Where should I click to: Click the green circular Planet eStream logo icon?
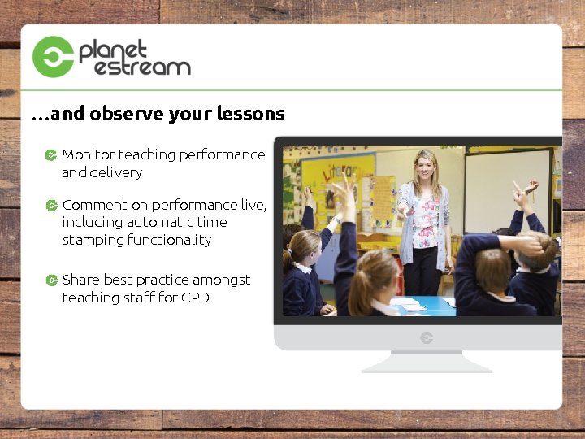(x=53, y=57)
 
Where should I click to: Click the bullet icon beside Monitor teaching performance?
(x=51, y=154)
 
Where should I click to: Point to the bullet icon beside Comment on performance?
(x=51, y=205)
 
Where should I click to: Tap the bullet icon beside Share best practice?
(x=51, y=280)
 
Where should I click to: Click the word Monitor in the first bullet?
(x=89, y=154)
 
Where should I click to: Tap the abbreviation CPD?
(x=195, y=298)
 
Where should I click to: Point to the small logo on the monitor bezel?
(x=427, y=337)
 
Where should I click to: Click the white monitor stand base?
(x=427, y=365)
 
